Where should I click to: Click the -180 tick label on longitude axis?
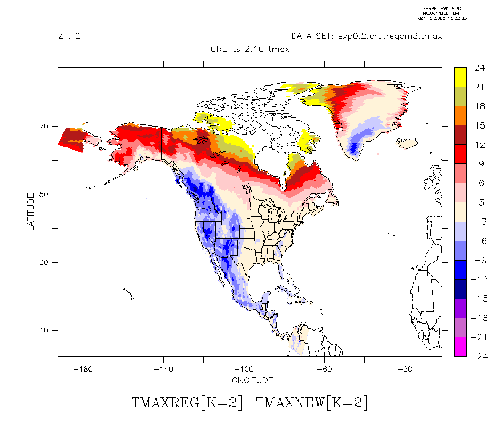click(x=83, y=369)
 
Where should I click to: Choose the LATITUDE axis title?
click(x=31, y=211)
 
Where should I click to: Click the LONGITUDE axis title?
click(x=249, y=381)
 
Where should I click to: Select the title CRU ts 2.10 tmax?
click(x=249, y=50)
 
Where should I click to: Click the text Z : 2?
click(x=69, y=36)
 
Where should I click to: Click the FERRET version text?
click(x=445, y=9)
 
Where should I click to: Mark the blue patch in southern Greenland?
click(x=353, y=145)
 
